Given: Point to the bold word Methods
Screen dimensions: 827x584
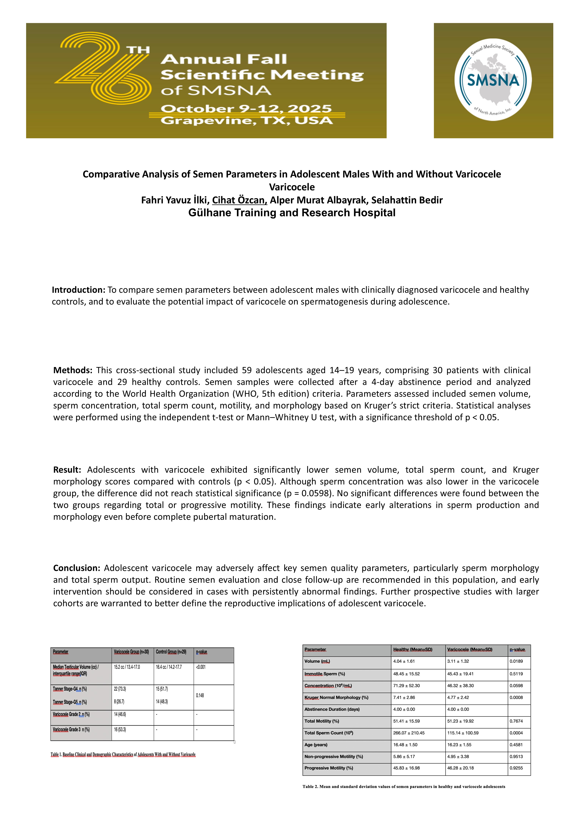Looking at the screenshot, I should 73,370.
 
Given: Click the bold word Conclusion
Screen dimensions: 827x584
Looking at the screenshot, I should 76,568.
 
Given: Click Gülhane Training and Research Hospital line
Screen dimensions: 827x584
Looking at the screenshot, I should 292,213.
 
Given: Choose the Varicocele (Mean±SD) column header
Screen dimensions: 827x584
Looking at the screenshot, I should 469,649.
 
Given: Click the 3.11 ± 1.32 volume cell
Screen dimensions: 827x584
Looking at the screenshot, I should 458,661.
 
